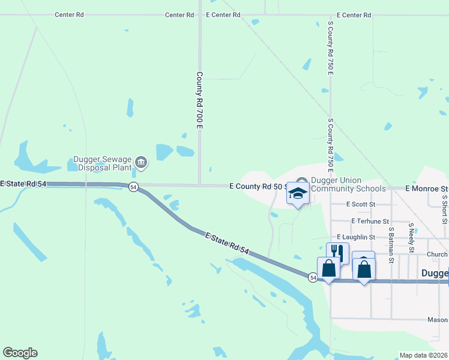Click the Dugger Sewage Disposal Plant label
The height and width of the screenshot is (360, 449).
point(102,163)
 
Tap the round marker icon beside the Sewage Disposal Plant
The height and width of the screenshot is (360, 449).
point(141,161)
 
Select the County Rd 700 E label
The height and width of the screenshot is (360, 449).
point(200,100)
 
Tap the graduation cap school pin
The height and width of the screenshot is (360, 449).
point(298,193)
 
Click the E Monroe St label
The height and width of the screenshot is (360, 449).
point(427,188)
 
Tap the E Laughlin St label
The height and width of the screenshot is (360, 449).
point(356,238)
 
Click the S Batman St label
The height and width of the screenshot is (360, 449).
point(390,245)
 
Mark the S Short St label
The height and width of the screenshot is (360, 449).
point(444,208)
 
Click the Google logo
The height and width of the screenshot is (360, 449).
point(20,353)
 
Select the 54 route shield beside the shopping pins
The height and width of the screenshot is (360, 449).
point(313,277)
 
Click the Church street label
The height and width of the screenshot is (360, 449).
point(438,254)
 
